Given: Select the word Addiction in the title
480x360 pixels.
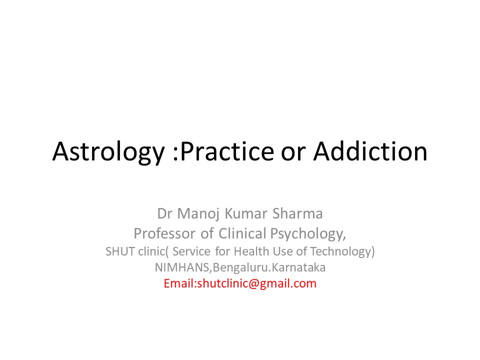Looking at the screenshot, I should pos(370,152).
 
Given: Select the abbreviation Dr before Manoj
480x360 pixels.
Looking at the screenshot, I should pos(165,214).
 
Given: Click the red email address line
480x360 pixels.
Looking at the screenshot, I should pos(240,283).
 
